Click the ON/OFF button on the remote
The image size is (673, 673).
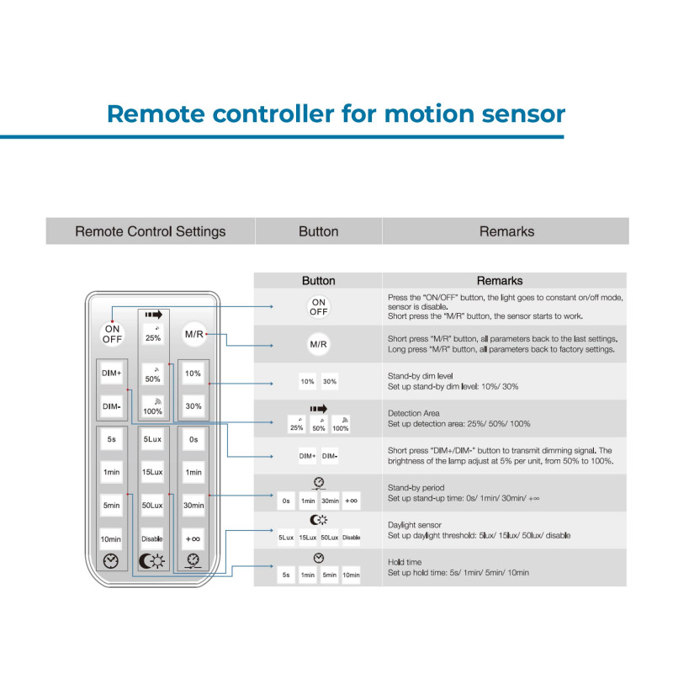113,334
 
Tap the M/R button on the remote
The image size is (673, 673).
194,334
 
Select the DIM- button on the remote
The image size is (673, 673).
112,406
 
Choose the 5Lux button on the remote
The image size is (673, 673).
152,439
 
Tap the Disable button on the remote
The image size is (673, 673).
152,539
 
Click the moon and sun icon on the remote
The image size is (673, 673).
152,562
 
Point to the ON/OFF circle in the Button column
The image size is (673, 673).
318,307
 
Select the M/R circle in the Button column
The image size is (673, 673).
318,345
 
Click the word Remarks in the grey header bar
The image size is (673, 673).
506,231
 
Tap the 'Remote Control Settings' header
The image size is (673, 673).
151,231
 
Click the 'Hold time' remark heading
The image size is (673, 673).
405,561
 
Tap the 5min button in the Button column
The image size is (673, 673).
329,575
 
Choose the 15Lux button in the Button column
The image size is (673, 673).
308,538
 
